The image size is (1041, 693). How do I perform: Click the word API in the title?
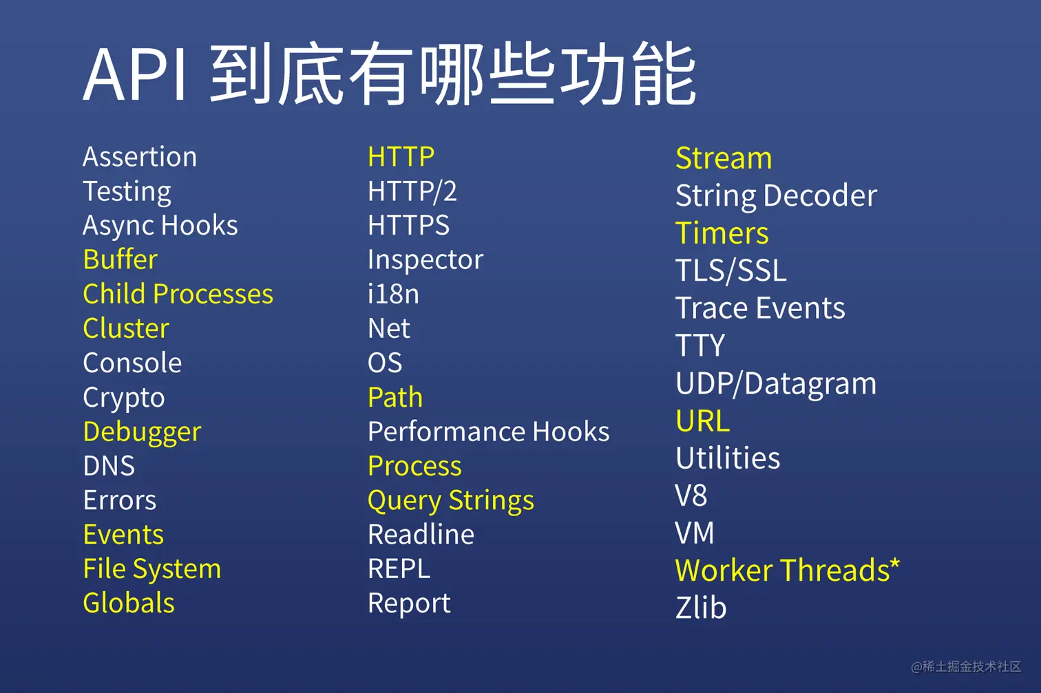136,74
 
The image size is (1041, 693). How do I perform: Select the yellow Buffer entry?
120,259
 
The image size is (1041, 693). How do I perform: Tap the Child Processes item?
178,294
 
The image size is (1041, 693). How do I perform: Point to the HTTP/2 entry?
412,191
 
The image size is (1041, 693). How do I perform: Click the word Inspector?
425,259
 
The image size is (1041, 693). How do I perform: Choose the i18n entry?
393,294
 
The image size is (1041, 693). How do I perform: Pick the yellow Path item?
395,397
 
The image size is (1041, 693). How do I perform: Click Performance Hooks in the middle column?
488,431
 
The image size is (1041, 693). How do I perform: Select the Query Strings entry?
451,501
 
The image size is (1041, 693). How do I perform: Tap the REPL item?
399,568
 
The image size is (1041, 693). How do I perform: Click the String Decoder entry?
776,196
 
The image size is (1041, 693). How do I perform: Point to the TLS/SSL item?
731,270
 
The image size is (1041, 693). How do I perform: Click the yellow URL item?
703,420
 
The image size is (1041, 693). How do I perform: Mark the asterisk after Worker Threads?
894,564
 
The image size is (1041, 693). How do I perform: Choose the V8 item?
691,495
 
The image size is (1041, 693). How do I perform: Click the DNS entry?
109,466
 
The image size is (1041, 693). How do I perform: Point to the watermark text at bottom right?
966,667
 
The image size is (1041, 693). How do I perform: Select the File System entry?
152,569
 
